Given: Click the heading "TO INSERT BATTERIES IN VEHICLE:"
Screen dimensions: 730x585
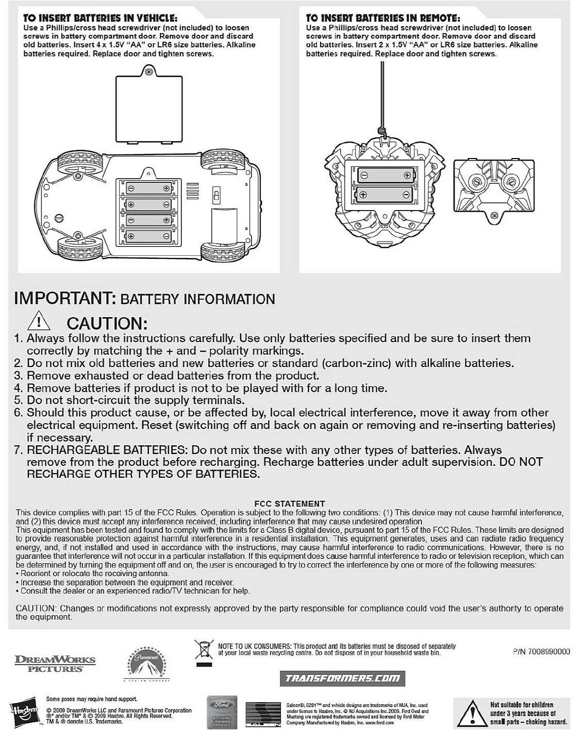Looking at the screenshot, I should click(101, 19).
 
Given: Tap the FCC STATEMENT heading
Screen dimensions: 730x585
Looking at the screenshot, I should click(290, 503).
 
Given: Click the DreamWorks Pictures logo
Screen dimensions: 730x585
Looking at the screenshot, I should click(55, 663).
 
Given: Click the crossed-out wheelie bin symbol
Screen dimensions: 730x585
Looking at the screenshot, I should click(204, 650).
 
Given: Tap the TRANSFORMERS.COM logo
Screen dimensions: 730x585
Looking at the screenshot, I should click(343, 678).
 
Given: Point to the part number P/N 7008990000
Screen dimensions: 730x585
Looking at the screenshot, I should click(541, 651).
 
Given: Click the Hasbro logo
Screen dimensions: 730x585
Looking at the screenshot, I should click(25, 712).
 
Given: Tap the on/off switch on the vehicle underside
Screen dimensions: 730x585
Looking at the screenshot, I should click(217, 196).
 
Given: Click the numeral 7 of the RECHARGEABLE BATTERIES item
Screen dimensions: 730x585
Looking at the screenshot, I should click(19, 450).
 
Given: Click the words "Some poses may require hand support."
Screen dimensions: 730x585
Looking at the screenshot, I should click(92, 699).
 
